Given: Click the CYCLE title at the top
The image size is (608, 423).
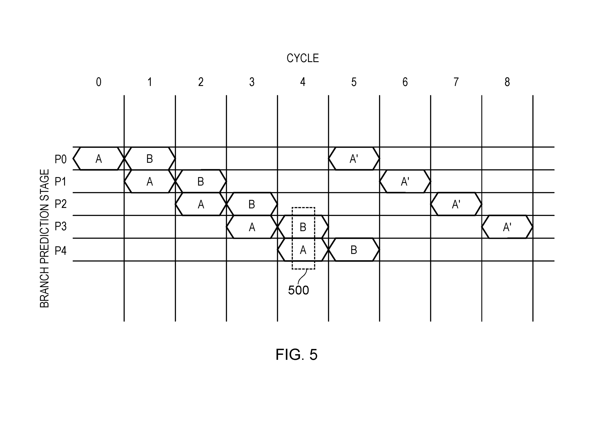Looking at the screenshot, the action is pos(303,58).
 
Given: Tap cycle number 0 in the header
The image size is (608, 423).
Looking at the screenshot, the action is pos(99,82).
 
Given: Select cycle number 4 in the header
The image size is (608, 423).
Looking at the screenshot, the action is pos(303,82).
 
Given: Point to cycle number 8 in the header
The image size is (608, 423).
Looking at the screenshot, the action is pos(507,82).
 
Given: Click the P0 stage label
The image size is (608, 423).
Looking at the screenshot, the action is pos(60,159).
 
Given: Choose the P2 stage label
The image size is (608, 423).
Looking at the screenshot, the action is pos(60,204).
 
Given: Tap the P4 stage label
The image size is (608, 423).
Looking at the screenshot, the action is pos(60,250).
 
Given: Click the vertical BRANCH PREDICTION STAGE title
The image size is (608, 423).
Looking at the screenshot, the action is pos(44,238).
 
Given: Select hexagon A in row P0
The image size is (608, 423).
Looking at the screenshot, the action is pos(99,158).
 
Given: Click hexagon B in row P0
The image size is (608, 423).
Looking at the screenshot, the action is pos(150,158).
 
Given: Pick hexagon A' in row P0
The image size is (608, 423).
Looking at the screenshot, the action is pos(354,158).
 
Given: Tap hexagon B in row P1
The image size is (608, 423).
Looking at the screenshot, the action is pos(201,181).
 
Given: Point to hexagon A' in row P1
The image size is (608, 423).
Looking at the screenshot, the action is pos(405,181).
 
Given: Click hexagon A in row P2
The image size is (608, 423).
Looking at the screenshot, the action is pos(201,204).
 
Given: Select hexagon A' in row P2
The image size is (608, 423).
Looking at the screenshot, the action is pos(456,204).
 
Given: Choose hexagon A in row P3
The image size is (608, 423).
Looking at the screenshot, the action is pos(252,227).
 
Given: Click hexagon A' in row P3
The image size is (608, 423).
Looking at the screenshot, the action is pos(507,227).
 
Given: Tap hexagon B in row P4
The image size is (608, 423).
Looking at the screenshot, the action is pos(354,249).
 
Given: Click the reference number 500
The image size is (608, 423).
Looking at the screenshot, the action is pos(298,290).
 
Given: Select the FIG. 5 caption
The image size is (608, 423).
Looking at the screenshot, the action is pos(296,354).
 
